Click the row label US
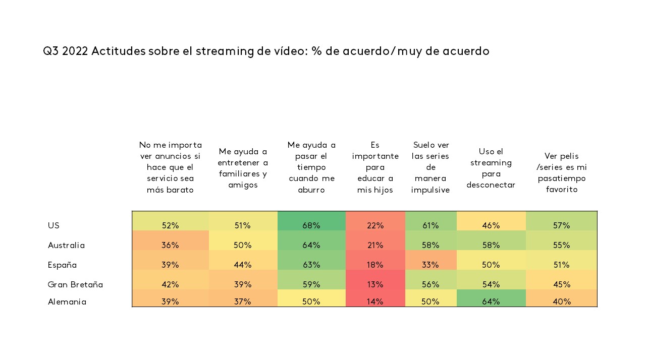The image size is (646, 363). point(54,226)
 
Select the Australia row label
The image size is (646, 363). point(66,246)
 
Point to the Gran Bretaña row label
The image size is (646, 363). point(75,285)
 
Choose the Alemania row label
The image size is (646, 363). point(67,302)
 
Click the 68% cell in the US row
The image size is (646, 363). point(311,226)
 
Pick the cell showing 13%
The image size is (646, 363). point(375,285)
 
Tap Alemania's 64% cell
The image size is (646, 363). point(491,302)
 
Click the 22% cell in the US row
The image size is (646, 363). point(375,226)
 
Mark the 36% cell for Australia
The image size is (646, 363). point(171,246)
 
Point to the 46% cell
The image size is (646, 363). point(491,226)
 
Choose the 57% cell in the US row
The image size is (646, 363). point(561,226)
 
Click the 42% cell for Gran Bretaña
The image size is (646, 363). point(171,285)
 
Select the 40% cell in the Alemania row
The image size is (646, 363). point(561,302)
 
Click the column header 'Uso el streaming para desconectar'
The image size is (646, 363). point(491,168)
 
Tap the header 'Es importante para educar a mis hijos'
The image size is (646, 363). point(375,167)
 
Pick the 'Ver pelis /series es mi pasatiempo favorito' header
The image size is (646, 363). point(561,173)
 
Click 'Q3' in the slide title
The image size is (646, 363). point(51,51)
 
